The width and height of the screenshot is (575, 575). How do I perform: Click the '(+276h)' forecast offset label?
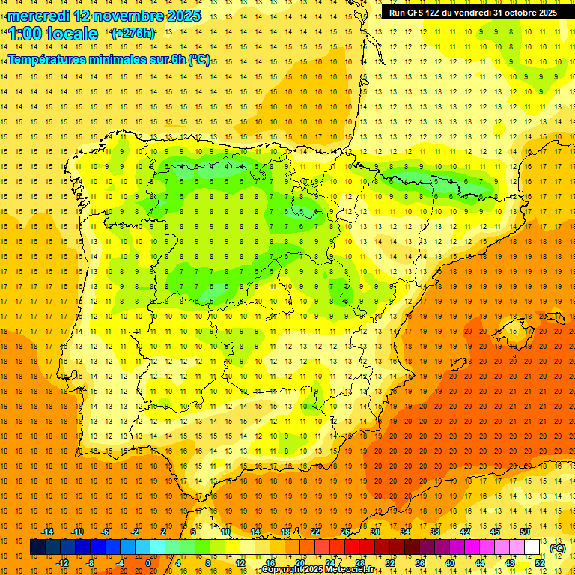134,34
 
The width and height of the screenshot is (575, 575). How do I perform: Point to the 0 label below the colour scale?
147,563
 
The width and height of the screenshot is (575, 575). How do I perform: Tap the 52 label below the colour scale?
540,563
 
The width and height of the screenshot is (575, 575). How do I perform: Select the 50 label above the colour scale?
525,532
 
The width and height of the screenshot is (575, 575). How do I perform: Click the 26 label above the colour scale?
345,532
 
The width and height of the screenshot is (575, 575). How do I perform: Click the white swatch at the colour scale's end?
532,547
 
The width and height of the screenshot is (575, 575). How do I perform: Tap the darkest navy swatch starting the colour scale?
37,547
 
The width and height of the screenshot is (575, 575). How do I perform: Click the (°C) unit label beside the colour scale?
558,548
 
